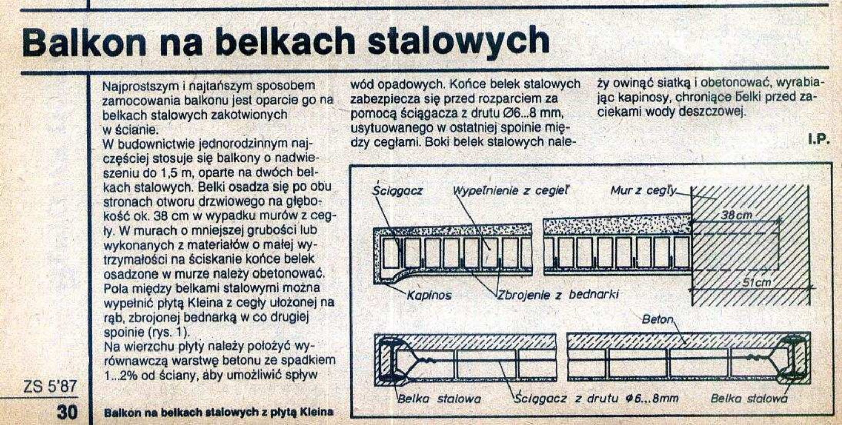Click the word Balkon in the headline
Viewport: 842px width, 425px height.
pyautogui.click(x=84, y=42)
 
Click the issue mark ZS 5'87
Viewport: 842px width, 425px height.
pyautogui.click(x=50, y=386)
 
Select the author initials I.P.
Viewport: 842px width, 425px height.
pyautogui.click(x=818, y=140)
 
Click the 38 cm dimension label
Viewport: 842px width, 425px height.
pyautogui.click(x=737, y=215)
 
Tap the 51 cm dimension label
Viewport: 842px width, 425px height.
pyautogui.click(x=757, y=282)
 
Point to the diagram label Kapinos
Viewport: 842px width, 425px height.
pyautogui.click(x=429, y=295)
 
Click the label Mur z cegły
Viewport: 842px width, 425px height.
pyautogui.click(x=643, y=191)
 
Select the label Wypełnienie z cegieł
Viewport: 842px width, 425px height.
pyautogui.click(x=510, y=191)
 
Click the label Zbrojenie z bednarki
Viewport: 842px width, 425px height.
pyautogui.click(x=558, y=294)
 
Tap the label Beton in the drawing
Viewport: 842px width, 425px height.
pyautogui.click(x=657, y=319)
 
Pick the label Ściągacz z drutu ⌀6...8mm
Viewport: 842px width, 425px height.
pyautogui.click(x=596, y=398)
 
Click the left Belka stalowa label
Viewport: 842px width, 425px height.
pyautogui.click(x=439, y=399)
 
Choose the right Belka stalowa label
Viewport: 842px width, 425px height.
pyautogui.click(x=749, y=398)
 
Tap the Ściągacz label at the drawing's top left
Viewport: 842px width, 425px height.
pyautogui.click(x=397, y=191)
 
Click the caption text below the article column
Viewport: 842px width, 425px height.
pyautogui.click(x=219, y=412)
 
